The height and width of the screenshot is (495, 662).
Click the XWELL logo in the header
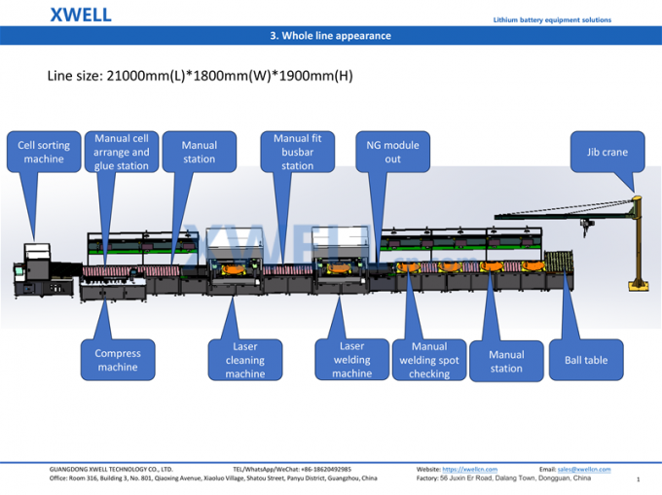pyautogui.click(x=81, y=15)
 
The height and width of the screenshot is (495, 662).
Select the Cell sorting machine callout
pyautogui.click(x=44, y=152)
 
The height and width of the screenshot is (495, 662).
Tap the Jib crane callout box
pyautogui.click(x=607, y=152)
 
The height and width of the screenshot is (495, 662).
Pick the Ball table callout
pyautogui.click(x=586, y=360)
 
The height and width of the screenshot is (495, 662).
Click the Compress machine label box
pyautogui.click(x=118, y=360)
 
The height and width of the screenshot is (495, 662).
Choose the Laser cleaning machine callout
pyautogui.click(x=245, y=360)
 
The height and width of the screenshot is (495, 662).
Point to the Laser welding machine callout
pyautogui.click(x=352, y=359)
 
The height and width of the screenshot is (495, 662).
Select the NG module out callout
pyautogui.click(x=392, y=152)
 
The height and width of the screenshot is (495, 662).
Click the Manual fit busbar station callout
pyautogui.click(x=298, y=152)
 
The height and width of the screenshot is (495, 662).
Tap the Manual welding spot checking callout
pyautogui.click(x=429, y=360)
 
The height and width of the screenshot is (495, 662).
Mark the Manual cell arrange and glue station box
pyautogui.click(x=122, y=152)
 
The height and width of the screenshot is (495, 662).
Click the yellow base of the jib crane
pyautogui.click(x=639, y=286)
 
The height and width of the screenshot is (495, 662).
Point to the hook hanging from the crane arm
pyautogui.click(x=587, y=229)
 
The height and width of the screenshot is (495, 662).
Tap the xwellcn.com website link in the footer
pyautogui.click(x=469, y=470)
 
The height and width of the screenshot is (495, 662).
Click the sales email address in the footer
pyautogui.click(x=584, y=470)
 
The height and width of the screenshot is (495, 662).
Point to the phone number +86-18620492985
pyautogui.click(x=326, y=470)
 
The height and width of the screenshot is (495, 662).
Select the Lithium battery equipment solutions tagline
pyautogui.click(x=552, y=19)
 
